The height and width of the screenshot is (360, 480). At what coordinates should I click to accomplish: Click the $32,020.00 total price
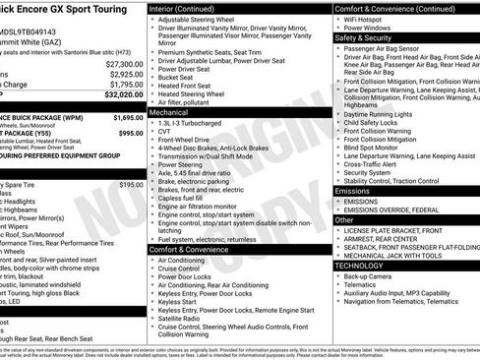(x=120, y=95)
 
